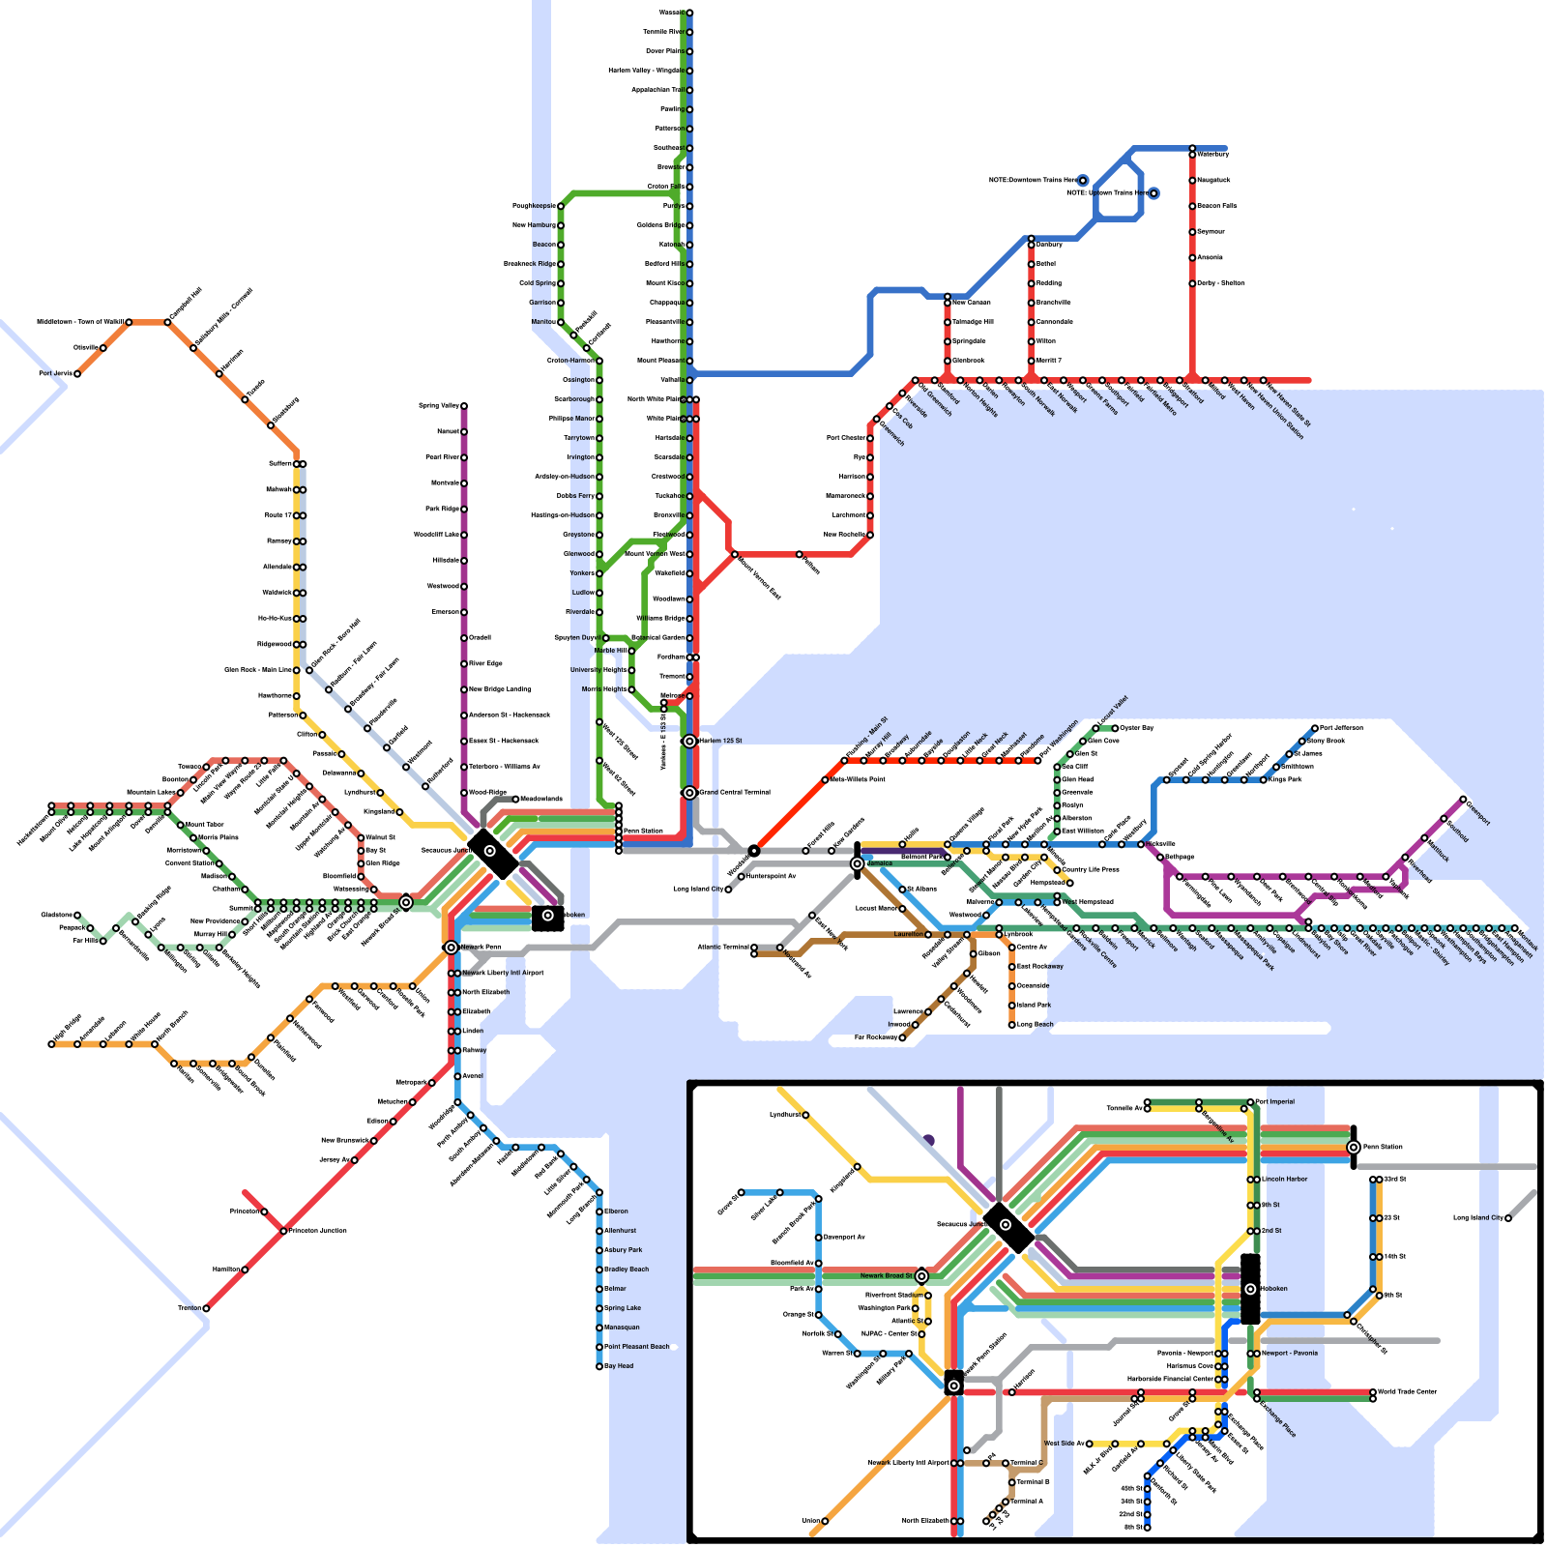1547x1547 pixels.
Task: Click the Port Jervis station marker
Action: (x=77, y=373)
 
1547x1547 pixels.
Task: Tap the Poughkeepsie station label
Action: (x=532, y=206)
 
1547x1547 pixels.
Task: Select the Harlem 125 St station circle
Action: (x=689, y=742)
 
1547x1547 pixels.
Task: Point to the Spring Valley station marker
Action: (x=464, y=406)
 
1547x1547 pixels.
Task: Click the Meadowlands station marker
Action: (x=515, y=799)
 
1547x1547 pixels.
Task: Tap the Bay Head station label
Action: (x=619, y=1366)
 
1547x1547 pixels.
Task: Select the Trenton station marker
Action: (x=206, y=1308)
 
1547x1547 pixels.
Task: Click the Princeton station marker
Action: (x=264, y=1211)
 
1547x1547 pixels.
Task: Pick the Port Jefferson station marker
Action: (x=1315, y=728)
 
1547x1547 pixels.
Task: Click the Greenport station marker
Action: (x=1463, y=800)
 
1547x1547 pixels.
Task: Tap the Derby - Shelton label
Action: (x=1220, y=283)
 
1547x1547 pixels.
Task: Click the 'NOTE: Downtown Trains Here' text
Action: (x=1032, y=181)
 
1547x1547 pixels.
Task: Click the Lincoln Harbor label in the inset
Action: (x=1284, y=1180)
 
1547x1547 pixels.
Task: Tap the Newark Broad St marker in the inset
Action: (x=921, y=1276)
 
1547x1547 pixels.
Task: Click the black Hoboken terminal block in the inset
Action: (x=1250, y=1289)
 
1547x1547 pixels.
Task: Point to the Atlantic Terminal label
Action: (x=723, y=948)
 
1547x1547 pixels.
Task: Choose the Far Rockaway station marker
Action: (x=902, y=1037)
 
